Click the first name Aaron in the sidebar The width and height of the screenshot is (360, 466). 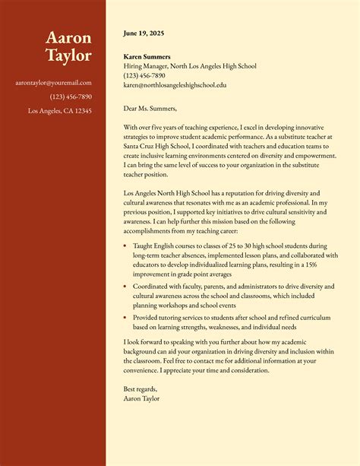tap(68, 38)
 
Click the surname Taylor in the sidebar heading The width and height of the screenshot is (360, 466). tap(68, 55)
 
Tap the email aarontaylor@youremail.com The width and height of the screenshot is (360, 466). tap(53, 83)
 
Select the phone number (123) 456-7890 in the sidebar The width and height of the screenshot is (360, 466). tap(71, 97)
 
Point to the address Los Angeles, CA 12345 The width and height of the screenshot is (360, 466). tap(60, 111)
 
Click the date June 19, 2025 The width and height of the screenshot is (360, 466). tap(144, 33)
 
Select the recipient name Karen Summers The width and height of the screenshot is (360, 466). tap(147, 57)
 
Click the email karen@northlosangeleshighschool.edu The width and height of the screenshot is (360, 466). tap(175, 85)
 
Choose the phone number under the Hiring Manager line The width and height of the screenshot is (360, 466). tap(144, 76)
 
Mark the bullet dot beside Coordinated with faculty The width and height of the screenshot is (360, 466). tap(125, 286)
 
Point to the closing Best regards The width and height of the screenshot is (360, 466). tap(141, 389)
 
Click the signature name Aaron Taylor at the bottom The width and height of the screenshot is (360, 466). tap(144, 399)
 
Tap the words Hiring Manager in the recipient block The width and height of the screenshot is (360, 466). tap(147, 67)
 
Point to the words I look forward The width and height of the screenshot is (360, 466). tap(145, 342)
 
